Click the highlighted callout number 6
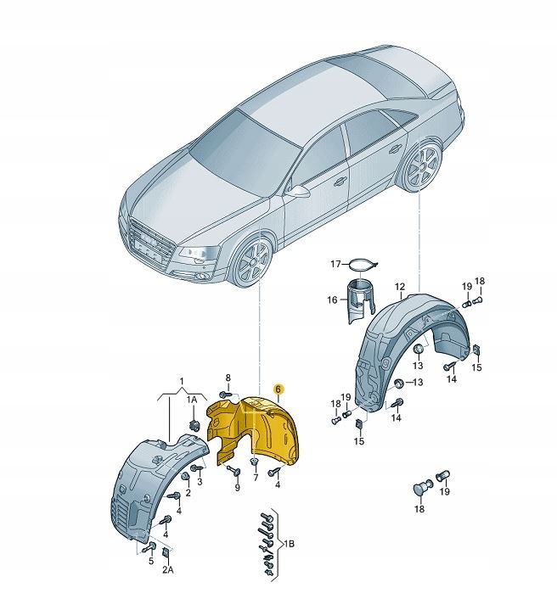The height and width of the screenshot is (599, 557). coord(278,387)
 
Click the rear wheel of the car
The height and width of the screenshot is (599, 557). coord(419,168)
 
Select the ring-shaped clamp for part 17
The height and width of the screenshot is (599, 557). coord(363,266)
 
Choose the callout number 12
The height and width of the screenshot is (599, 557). coord(399,287)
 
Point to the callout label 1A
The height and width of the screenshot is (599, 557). coord(193,399)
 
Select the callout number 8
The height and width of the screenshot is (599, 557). coord(228,378)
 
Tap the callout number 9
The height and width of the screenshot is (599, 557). coord(237,487)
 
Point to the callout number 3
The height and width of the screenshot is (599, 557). coord(200,481)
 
